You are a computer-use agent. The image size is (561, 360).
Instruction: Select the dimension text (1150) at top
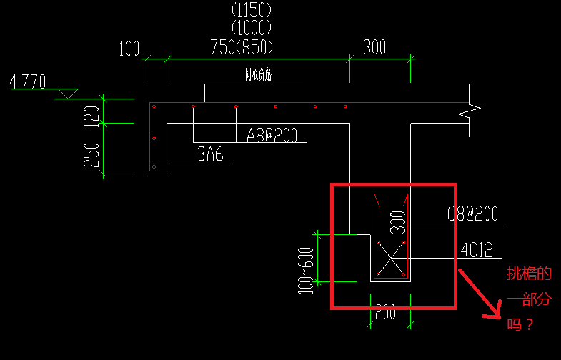[252, 10]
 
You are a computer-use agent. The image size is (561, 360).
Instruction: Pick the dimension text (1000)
[252, 28]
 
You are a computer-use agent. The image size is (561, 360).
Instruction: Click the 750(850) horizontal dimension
[242, 47]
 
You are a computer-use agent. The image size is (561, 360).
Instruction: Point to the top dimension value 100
[129, 49]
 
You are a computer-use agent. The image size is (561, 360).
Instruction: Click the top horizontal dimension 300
[374, 47]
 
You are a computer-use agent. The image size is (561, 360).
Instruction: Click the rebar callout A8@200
[272, 134]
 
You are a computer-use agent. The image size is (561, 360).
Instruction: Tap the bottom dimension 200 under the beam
[386, 311]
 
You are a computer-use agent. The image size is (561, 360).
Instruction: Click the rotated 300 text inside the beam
[399, 222]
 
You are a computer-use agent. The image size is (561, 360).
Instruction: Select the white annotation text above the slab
[258, 74]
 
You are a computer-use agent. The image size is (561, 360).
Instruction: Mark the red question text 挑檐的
[529, 274]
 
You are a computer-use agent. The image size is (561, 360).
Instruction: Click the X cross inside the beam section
[391, 259]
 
